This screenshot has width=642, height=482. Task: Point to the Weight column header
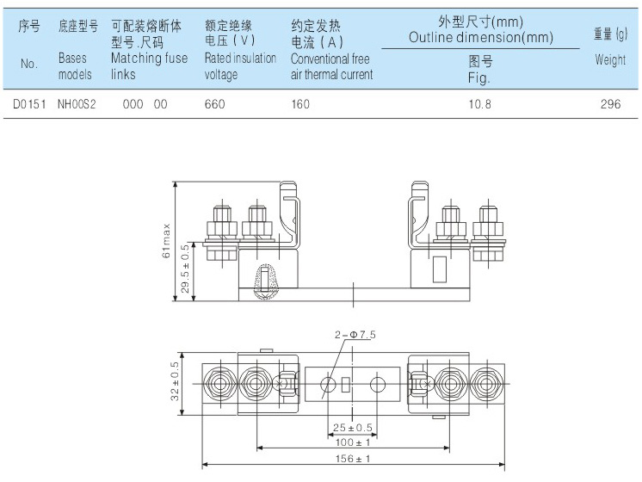point(610,60)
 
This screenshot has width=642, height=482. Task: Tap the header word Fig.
point(479,78)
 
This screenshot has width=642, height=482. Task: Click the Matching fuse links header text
point(148,66)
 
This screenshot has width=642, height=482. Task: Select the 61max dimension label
point(167,240)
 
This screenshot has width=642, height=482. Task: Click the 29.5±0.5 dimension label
point(185,269)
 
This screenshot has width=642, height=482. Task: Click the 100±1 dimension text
point(353,443)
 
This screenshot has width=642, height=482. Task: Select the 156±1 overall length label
point(353,460)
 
